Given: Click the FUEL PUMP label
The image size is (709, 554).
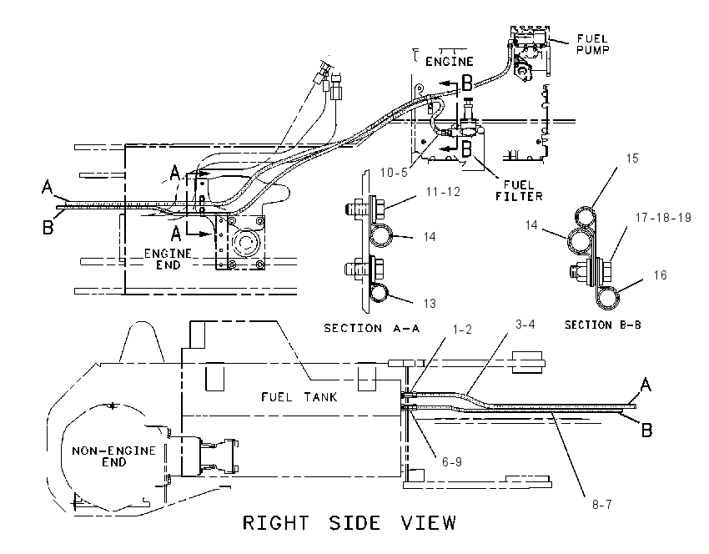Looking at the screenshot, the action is [x=593, y=44].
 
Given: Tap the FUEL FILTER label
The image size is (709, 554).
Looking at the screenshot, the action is [x=519, y=190].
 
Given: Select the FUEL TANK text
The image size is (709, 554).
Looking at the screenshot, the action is [x=299, y=397].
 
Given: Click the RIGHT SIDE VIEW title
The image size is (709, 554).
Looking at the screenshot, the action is [x=349, y=523].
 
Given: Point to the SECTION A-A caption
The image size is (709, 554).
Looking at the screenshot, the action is [x=372, y=328].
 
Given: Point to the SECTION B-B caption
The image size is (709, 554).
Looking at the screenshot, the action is [x=603, y=325].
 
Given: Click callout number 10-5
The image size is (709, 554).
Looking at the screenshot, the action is [x=394, y=173].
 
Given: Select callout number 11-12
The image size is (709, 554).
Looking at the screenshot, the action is [x=443, y=192].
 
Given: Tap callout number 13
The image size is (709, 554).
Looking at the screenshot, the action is [x=430, y=303].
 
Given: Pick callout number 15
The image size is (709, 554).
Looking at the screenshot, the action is [x=632, y=159].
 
